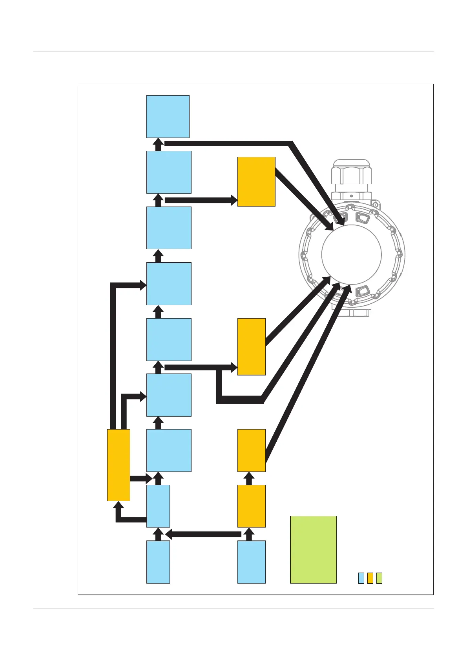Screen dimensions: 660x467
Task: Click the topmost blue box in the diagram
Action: (168, 116)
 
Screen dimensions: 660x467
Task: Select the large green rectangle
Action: (313, 549)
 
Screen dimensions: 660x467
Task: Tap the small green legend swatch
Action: (379, 578)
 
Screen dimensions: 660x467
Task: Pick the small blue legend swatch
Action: (361, 578)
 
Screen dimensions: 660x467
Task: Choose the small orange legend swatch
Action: (370, 578)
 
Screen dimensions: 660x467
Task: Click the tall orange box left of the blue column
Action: (119, 465)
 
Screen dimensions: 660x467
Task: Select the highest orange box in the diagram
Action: (256, 181)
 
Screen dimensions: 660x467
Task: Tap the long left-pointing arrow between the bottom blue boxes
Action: (204, 534)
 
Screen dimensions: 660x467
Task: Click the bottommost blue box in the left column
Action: (158, 562)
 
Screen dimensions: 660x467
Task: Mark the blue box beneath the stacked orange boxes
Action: (252, 562)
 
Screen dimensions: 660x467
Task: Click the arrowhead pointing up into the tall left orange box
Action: (119, 506)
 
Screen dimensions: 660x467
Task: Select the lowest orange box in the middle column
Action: (252, 506)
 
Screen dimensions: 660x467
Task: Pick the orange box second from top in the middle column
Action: (252, 346)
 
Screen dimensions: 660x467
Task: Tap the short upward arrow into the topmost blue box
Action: (158, 144)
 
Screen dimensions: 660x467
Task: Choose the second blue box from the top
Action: (169, 172)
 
